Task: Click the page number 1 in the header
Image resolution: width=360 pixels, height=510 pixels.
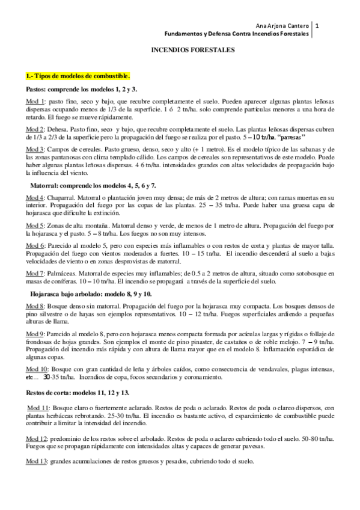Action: (317, 26)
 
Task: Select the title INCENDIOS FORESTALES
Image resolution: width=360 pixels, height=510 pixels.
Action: (183, 52)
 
